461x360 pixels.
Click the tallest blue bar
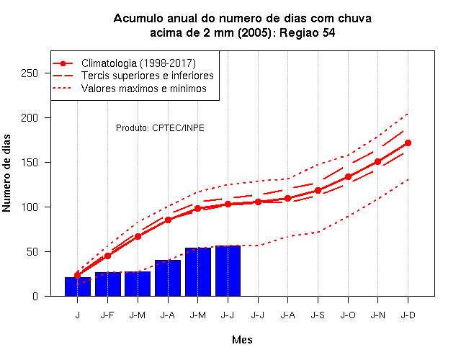(x=228, y=271)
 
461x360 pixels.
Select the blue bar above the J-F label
(x=107, y=284)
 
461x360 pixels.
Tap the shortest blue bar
(x=78, y=287)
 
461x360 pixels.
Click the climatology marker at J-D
(x=408, y=143)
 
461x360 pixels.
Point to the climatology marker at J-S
(x=318, y=190)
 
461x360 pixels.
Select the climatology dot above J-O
(x=348, y=176)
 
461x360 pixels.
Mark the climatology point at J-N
(x=377, y=161)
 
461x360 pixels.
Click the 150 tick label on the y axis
(x=30, y=163)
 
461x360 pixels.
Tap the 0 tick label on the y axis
(x=35, y=296)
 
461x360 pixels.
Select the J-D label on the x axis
(x=408, y=315)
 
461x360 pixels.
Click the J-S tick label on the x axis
(x=318, y=315)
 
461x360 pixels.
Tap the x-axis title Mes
(x=242, y=340)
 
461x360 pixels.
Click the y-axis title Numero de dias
(x=6, y=174)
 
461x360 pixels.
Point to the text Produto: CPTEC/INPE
(x=160, y=128)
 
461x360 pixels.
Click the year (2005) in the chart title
(x=254, y=32)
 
